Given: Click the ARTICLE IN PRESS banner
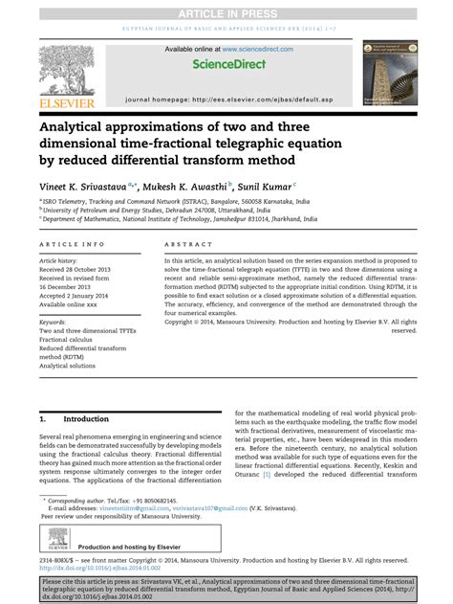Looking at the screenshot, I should [x=226, y=10].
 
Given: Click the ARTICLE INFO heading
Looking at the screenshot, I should [x=72, y=245].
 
